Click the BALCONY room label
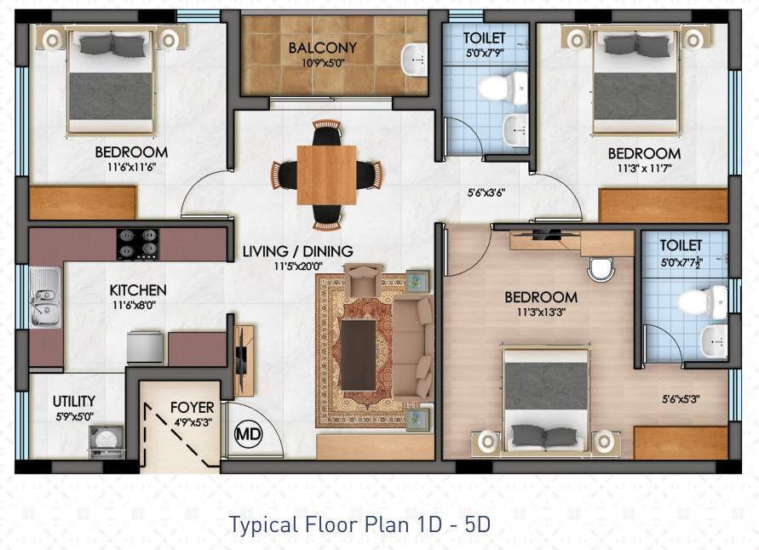pos(322,48)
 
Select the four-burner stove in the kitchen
pos(138,243)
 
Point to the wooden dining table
pos(326,175)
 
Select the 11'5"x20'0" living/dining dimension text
pos(297,266)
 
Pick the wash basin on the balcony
pos(414,58)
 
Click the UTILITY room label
pos(74,401)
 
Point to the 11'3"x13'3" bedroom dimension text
pos(541,312)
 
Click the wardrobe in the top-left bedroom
pos(83,203)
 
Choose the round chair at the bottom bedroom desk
pos(601,269)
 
